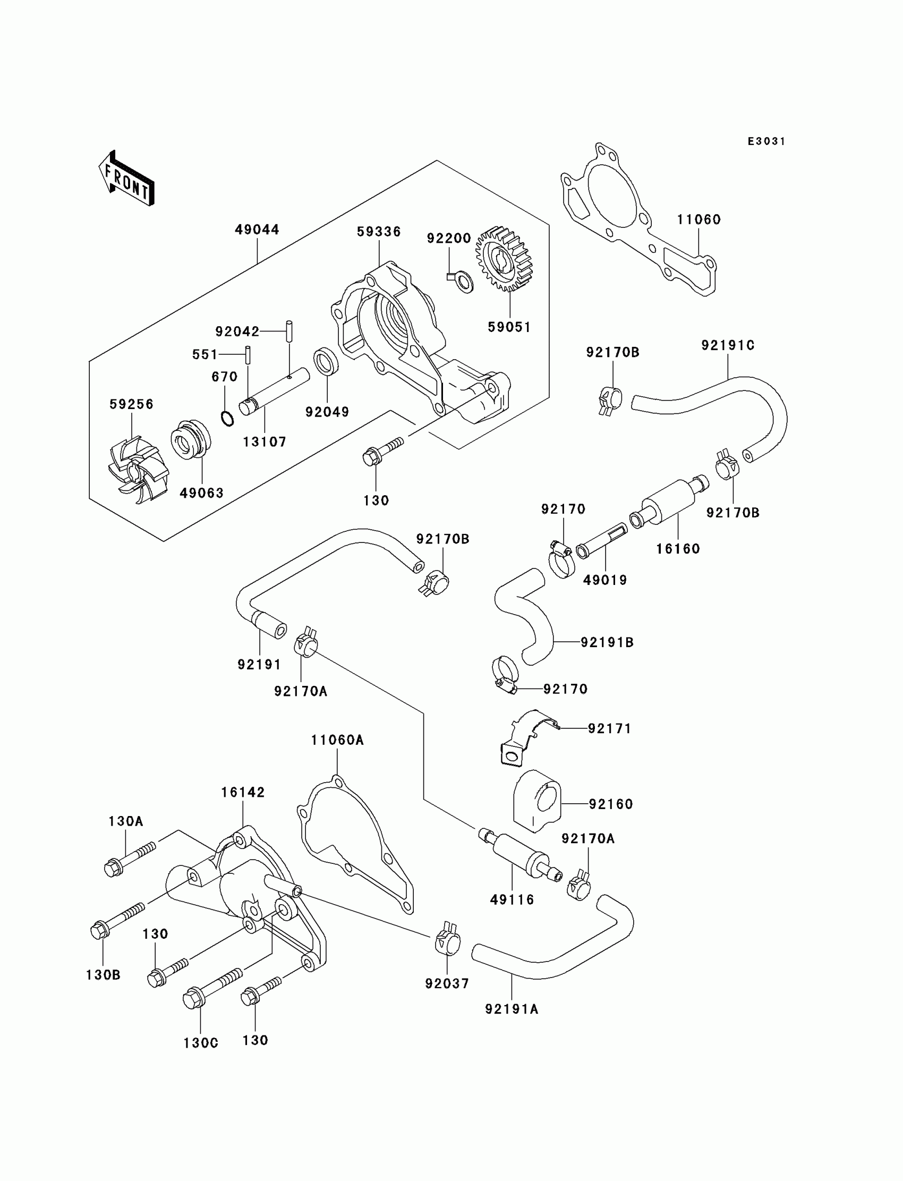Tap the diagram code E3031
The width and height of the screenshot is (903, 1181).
766,141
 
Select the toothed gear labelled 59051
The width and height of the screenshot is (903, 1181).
504,259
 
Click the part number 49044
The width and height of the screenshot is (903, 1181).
257,230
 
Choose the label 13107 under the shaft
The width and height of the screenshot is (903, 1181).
265,442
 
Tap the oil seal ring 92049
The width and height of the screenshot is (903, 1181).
326,361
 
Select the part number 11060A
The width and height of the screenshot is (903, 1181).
337,740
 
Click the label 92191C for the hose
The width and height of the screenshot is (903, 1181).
728,345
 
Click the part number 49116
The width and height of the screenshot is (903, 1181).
512,899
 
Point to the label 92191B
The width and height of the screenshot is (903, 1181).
607,642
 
